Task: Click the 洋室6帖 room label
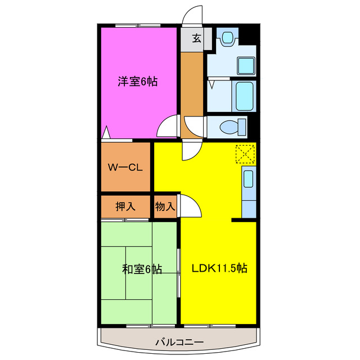137,82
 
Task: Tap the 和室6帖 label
142,269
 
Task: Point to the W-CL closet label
125,167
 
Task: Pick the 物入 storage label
165,206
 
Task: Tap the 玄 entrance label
196,38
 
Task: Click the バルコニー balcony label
178,342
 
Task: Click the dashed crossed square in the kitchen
245,154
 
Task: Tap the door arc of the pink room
168,128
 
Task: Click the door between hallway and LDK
188,151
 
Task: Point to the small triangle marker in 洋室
106,134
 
